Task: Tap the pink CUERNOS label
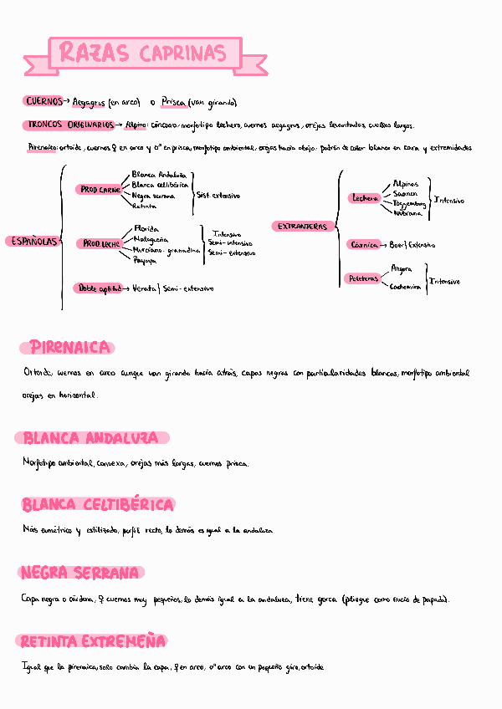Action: (43, 101)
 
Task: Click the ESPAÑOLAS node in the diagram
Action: (32, 241)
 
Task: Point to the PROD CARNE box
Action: (100, 190)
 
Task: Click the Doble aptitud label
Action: (99, 288)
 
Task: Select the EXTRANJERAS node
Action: (303, 227)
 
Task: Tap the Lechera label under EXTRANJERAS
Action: (366, 198)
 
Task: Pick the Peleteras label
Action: (363, 278)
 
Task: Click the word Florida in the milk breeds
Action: (146, 227)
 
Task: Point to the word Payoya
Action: (145, 260)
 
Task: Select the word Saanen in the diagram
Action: (404, 193)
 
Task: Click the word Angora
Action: (402, 268)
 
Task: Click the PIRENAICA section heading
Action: (70, 347)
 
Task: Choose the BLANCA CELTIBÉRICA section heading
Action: (98, 505)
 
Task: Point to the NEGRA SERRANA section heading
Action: (80, 573)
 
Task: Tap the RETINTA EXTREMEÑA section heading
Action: (93, 641)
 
